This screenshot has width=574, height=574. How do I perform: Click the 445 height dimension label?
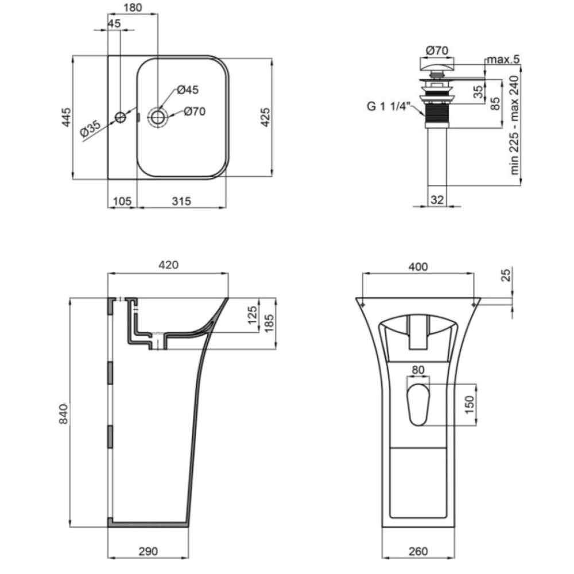pyautogui.click(x=67, y=117)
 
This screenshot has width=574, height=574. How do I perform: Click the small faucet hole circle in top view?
pyautogui.click(x=121, y=118)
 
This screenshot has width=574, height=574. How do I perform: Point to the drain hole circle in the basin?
pyautogui.click(x=158, y=117)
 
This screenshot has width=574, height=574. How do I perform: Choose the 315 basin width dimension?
pyautogui.click(x=181, y=201)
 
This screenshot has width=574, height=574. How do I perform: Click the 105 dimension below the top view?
pyautogui.click(x=122, y=201)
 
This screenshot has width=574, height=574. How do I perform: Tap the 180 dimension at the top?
pyautogui.click(x=133, y=7)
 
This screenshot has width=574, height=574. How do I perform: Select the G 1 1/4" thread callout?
pyautogui.click(x=387, y=107)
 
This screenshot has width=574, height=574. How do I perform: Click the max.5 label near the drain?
pyautogui.click(x=503, y=59)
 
